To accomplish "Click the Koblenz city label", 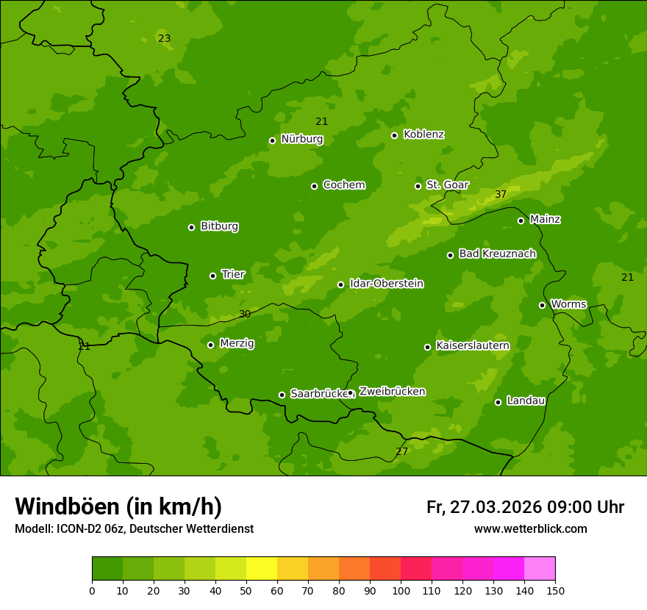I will pos(423,134).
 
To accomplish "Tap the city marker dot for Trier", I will pos(213,276).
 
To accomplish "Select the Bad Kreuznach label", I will pos(497,254).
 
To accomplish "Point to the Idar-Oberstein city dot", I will pos(340,284).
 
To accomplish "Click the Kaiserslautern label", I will pos(473,345).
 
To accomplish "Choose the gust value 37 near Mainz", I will pos(501,194).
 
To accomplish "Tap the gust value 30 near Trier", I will pos(245,314).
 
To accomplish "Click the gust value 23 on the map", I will pos(165,38).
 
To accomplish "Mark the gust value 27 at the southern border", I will pos(401,451).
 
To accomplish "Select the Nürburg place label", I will pos(301,139).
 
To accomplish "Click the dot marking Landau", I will pos(498,402).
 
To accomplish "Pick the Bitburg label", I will pos(219,226).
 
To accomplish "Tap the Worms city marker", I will pos(542,305).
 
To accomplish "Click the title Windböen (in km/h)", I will pos(118,506).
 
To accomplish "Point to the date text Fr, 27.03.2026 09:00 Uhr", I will pos(525,507).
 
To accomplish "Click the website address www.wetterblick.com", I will pos(530,529).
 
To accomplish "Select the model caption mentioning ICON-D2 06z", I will pos(134,529).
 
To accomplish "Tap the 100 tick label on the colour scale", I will pos(401,591).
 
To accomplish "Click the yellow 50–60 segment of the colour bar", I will pos(262,569).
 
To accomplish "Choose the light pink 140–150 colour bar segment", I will pos(540,569).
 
